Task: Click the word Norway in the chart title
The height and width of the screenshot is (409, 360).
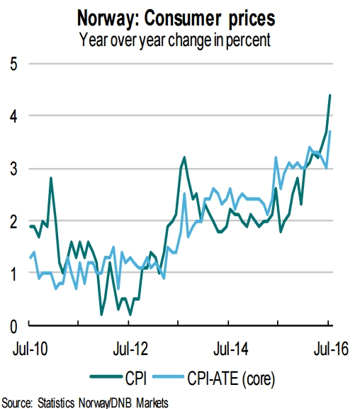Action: pos(137,16)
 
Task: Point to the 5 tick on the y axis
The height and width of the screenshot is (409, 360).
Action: pos(13,64)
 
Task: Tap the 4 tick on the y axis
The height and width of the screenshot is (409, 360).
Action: pos(13,116)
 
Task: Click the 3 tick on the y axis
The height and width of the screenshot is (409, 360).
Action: pos(13,169)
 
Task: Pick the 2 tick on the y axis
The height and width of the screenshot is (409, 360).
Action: pos(13,221)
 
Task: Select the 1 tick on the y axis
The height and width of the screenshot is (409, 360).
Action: pos(13,274)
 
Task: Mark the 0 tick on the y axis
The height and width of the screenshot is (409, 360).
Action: pos(13,326)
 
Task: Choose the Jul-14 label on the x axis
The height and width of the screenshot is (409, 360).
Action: pos(230,347)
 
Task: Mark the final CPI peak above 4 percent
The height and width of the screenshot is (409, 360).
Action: pos(330,95)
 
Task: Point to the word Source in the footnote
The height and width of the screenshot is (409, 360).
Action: pos(19,402)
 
